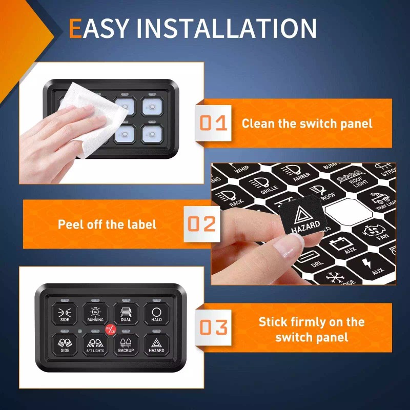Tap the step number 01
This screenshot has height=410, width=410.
click(213, 123)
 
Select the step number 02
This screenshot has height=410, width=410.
click(200, 224)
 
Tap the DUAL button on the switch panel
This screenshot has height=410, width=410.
click(126, 313)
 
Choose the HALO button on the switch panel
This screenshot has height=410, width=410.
click(156, 313)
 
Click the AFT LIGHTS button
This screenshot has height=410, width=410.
click(95, 344)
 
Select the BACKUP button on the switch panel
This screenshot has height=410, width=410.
click(126, 344)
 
